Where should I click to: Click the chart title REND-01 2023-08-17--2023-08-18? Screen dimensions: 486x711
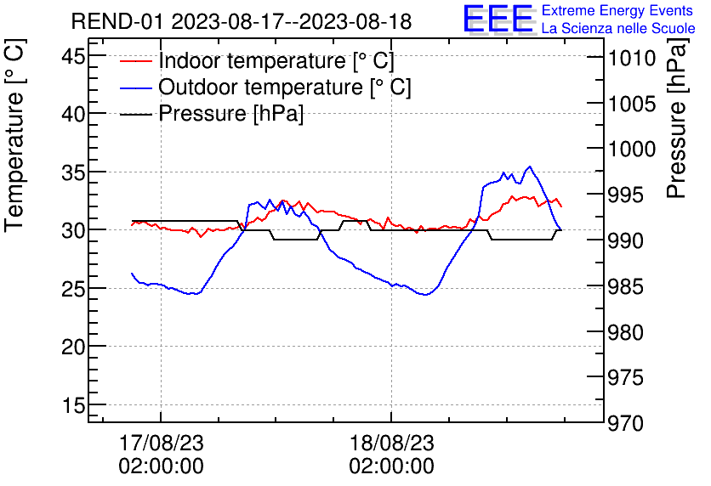pos(241,21)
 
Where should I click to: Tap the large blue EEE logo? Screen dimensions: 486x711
pos(498,19)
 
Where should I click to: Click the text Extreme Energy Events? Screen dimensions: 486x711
pos(617,11)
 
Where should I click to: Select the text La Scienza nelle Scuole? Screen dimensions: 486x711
pos(618,29)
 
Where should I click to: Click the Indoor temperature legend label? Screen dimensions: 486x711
pos(276,61)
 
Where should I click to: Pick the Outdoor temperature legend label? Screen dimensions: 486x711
pos(285,88)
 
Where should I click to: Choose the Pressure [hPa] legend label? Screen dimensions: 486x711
pos(231,113)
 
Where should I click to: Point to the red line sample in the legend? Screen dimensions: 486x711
pos(136,61)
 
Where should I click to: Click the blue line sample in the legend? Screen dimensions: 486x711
pos(136,88)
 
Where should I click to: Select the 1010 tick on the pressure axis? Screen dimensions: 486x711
pos(630,58)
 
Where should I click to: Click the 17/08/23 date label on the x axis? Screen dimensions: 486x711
pos(161,444)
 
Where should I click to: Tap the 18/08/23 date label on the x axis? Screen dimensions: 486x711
pos(391,444)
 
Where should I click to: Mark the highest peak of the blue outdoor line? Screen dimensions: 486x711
pos(531,167)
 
